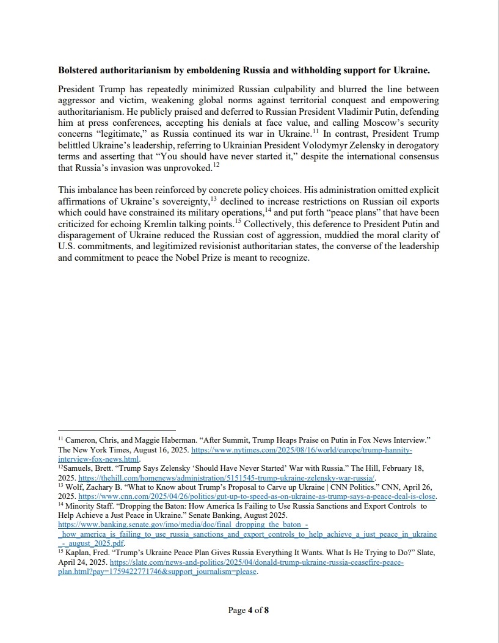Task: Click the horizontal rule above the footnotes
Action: click(x=117, y=430)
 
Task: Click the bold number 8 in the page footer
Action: click(x=266, y=610)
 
